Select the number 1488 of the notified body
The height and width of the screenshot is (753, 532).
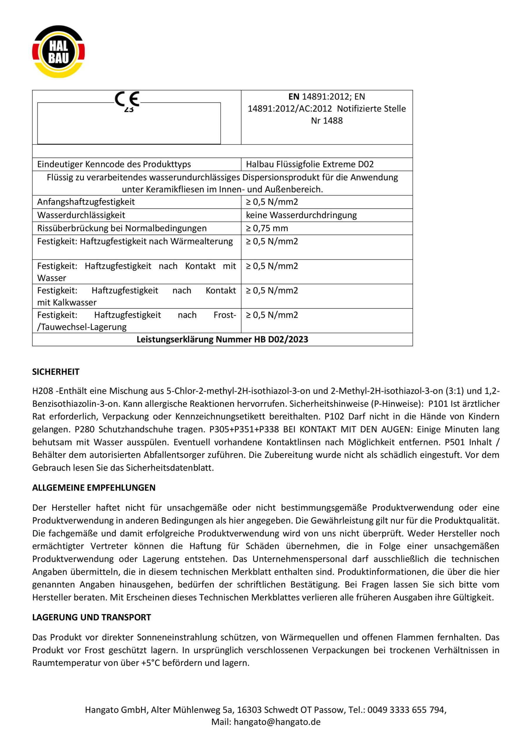(x=333, y=121)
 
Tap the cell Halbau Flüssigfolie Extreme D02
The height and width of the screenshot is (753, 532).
(x=310, y=164)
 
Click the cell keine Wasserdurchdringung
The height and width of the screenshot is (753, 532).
(x=301, y=215)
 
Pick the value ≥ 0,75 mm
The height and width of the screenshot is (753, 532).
(x=267, y=228)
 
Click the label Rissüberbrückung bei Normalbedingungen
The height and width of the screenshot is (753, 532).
(x=122, y=228)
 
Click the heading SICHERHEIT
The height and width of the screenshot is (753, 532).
(x=56, y=372)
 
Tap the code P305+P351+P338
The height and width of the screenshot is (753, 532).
(x=244, y=429)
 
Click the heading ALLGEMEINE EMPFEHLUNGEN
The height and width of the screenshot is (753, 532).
(x=94, y=488)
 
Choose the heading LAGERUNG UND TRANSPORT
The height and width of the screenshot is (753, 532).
(x=91, y=617)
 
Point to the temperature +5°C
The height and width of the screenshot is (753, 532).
(x=150, y=663)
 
